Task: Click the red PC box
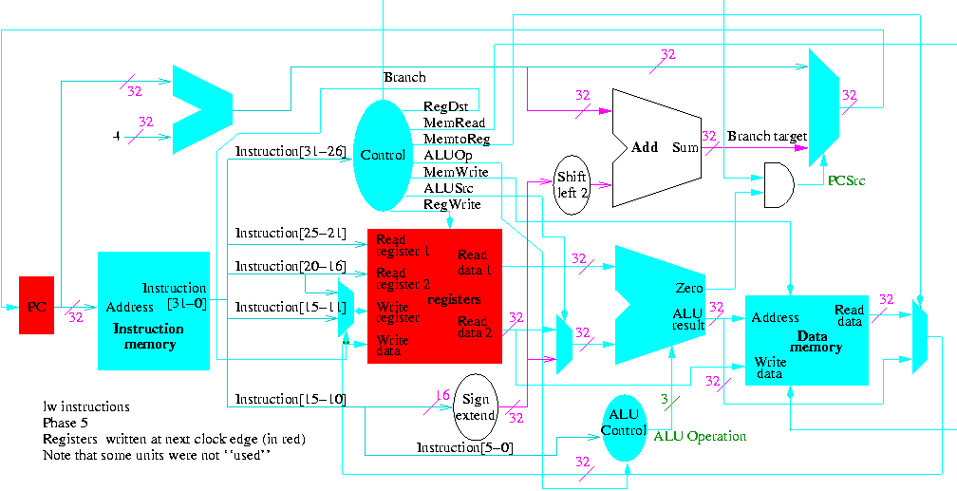tap(36, 305)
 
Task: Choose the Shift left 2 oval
tap(572, 184)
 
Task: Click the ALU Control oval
tap(623, 423)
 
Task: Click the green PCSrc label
tap(845, 179)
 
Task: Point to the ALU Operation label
tap(700, 436)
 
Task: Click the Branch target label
tap(766, 136)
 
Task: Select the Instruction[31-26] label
tap(290, 151)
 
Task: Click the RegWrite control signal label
tap(452, 204)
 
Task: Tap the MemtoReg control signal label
tap(457, 139)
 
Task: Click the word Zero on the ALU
tap(688, 288)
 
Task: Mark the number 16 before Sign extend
tap(441, 395)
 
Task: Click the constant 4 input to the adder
tap(116, 137)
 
